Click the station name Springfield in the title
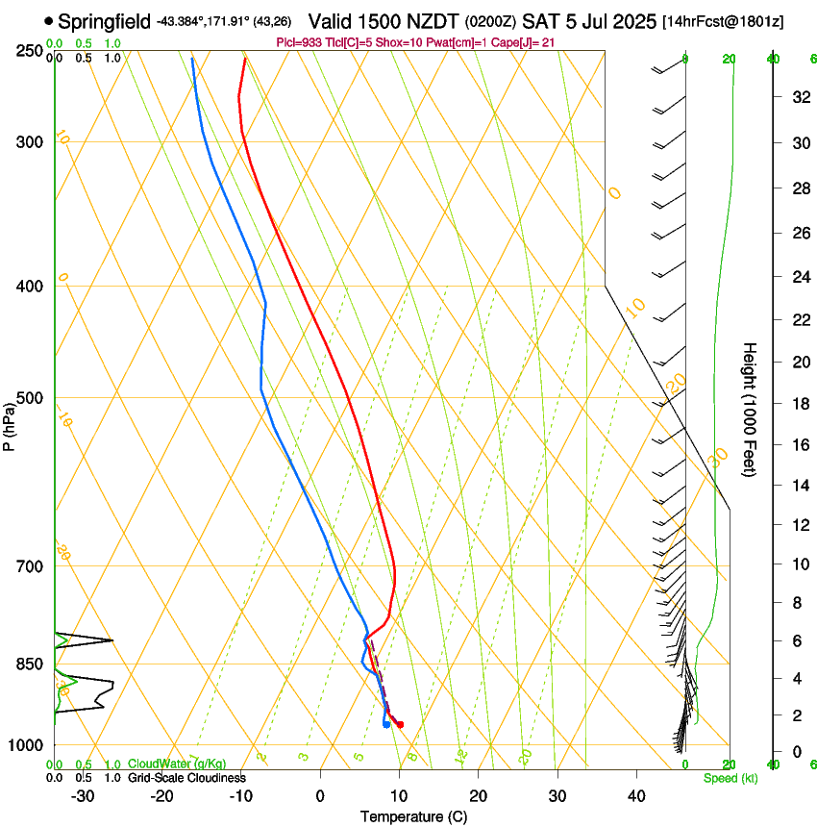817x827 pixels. click(x=104, y=21)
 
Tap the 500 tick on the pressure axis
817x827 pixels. click(x=30, y=398)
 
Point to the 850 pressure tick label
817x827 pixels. click(x=30, y=664)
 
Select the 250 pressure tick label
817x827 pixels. click(x=30, y=51)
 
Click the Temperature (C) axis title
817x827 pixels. click(x=413, y=816)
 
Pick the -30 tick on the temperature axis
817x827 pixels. click(x=83, y=796)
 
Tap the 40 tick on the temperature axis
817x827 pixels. click(x=636, y=796)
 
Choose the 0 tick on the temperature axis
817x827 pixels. click(x=320, y=796)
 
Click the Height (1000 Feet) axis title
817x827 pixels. click(x=750, y=409)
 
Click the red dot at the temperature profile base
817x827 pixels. click(x=400, y=724)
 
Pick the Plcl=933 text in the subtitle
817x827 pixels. click(x=300, y=43)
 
